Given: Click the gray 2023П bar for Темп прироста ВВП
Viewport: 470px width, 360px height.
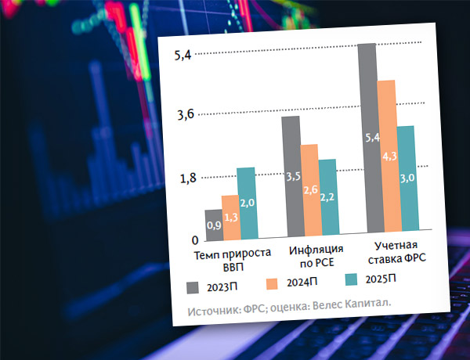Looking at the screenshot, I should click(214, 224).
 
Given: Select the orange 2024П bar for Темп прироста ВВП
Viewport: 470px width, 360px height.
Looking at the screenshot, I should click(230, 217).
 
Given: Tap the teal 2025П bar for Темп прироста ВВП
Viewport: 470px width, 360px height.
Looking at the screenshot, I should click(247, 203).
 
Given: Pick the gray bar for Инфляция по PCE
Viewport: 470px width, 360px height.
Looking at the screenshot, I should click(291, 176).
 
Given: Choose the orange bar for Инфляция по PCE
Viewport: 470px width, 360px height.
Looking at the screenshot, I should click(309, 190).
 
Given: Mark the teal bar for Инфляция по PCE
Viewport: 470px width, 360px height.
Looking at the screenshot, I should click(327, 197).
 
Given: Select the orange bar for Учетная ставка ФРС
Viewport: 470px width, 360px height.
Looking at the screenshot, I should click(386, 157).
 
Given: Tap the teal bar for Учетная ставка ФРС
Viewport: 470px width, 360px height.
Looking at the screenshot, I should click(405, 180).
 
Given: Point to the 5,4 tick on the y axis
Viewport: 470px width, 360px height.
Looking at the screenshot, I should click(183, 56).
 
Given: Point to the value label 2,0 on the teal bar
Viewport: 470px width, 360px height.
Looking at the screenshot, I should click(248, 203).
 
